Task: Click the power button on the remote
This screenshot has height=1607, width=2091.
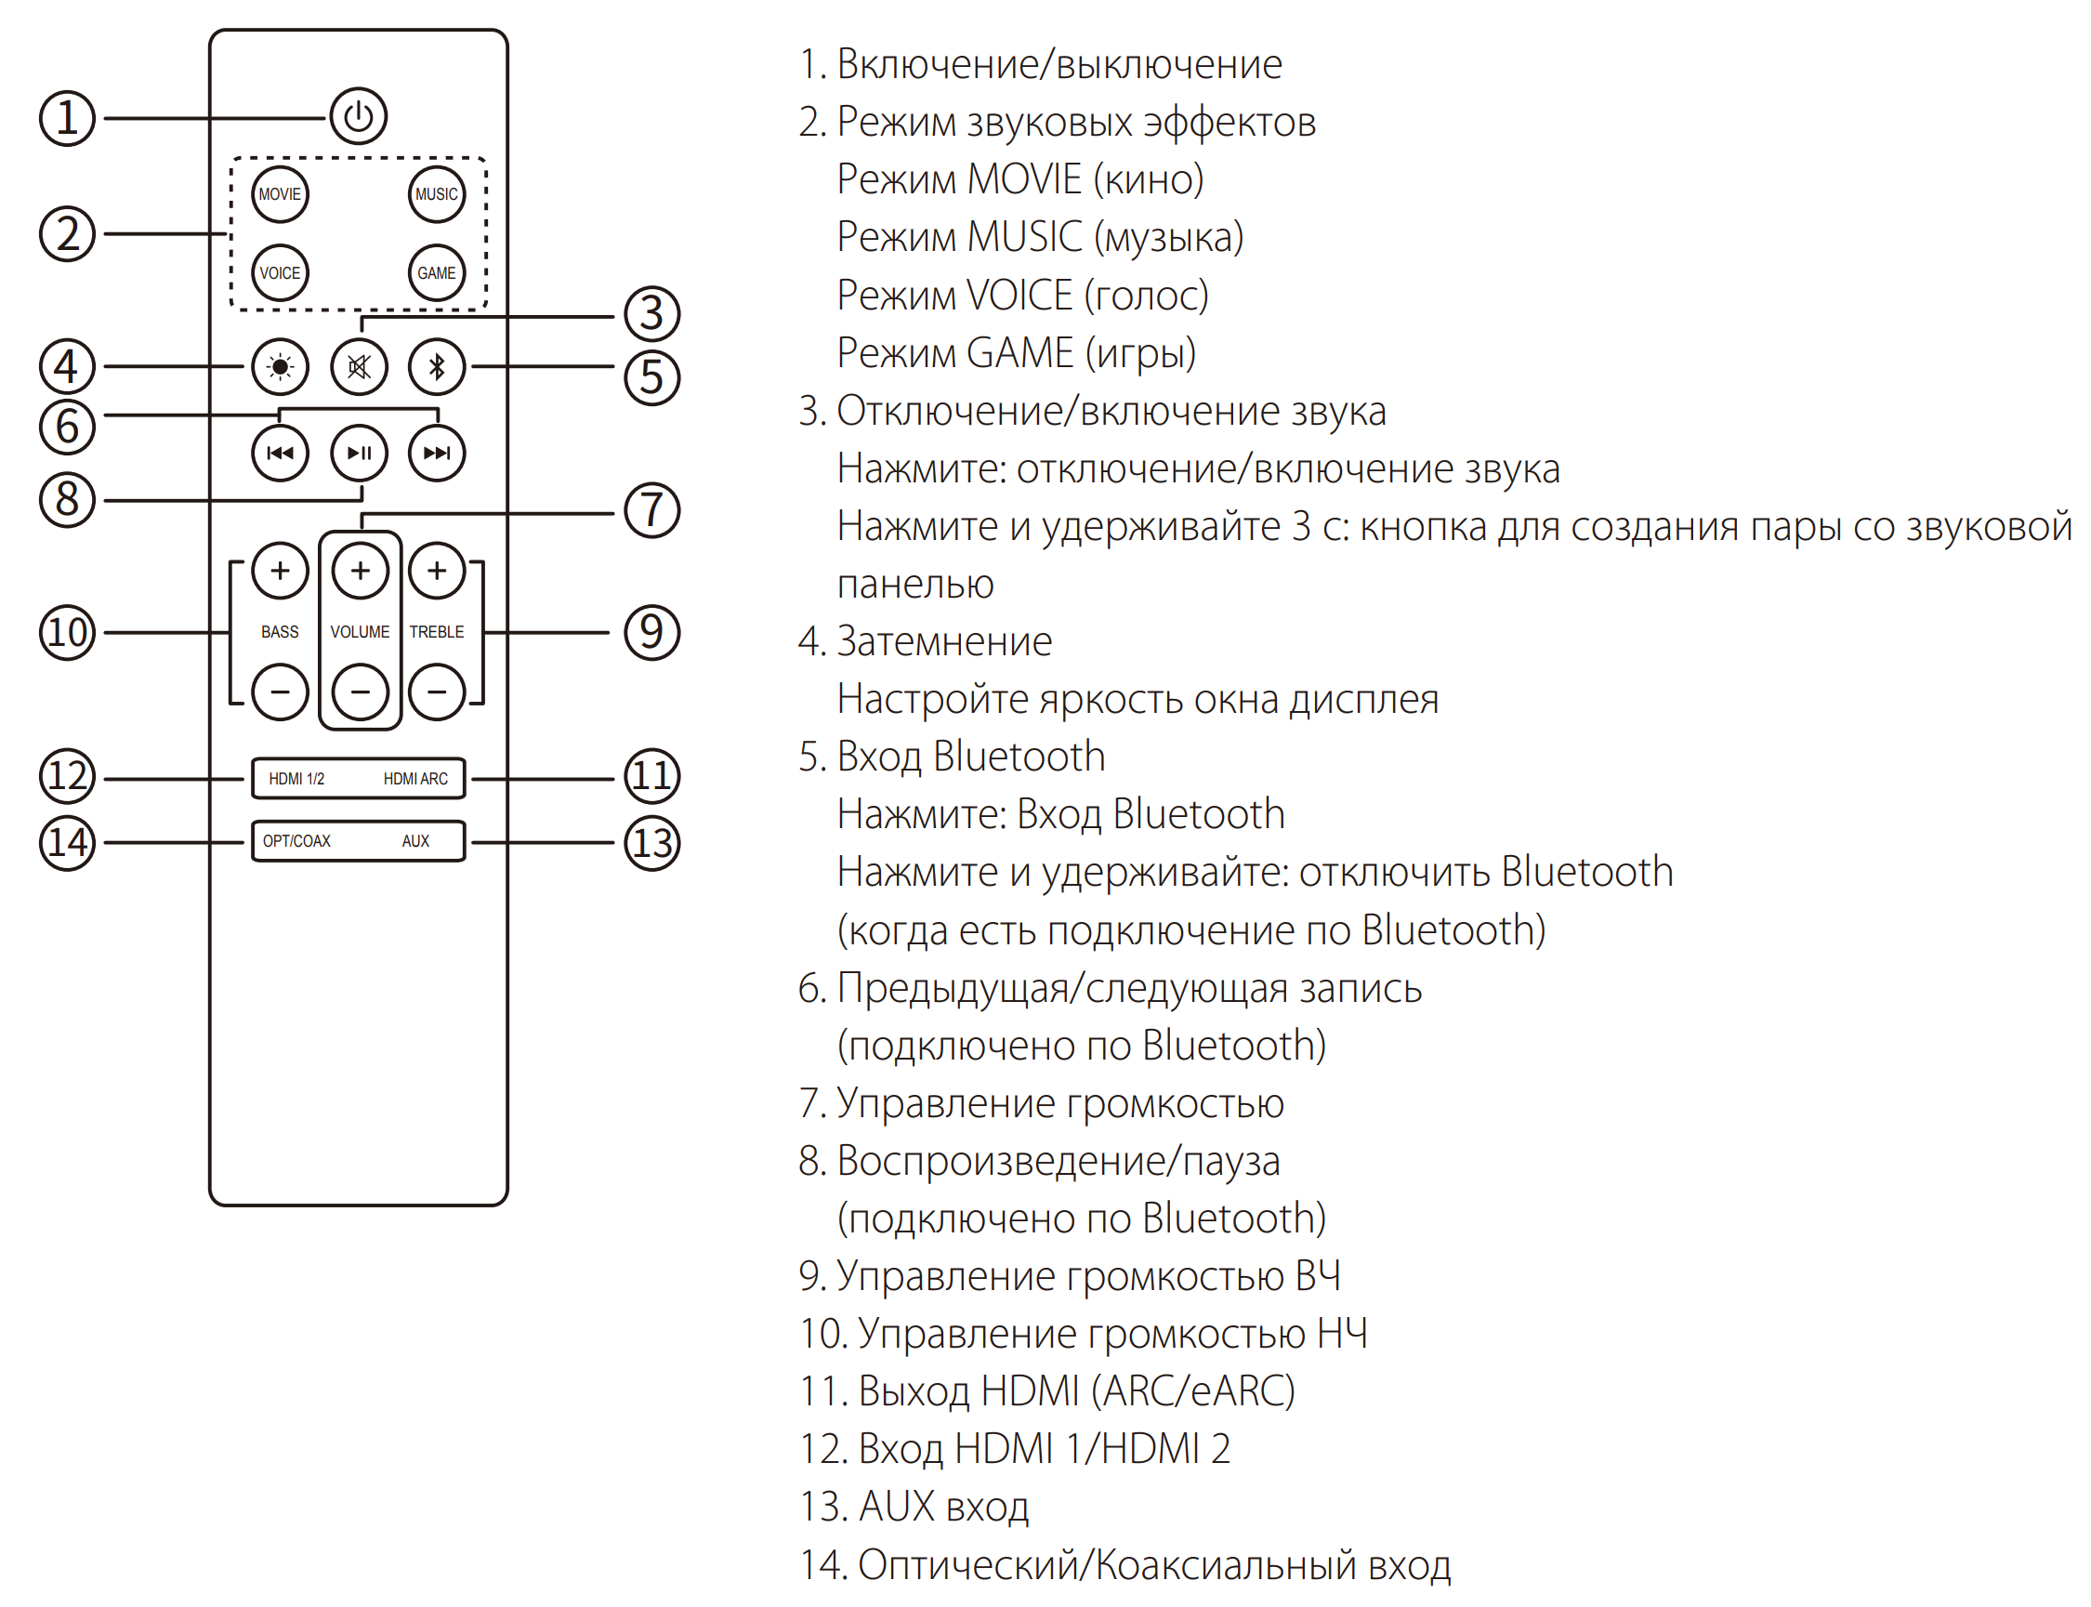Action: click(x=358, y=117)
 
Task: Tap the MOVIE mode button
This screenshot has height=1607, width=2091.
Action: click(x=280, y=194)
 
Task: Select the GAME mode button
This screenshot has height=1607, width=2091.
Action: click(x=436, y=272)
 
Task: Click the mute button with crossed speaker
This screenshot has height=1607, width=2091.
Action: click(x=359, y=366)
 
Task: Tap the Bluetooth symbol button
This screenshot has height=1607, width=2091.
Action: click(x=436, y=366)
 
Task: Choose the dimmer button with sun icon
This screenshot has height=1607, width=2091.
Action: click(x=280, y=366)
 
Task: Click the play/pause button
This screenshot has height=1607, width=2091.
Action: click(x=359, y=453)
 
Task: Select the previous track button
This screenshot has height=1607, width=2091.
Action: click(x=280, y=453)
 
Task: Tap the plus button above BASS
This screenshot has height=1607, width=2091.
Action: click(x=280, y=571)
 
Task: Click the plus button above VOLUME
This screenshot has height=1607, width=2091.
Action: click(x=360, y=571)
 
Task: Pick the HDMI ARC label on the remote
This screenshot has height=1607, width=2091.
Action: click(x=415, y=779)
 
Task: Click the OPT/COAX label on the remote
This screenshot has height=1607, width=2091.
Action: click(x=296, y=841)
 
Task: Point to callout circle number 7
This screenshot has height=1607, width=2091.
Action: click(x=651, y=510)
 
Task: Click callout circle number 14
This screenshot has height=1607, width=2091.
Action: click(x=67, y=843)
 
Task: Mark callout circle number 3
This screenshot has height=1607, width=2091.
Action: click(x=651, y=314)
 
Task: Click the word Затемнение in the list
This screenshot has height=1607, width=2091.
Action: click(x=944, y=642)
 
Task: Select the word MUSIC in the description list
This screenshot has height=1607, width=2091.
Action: click(x=1024, y=237)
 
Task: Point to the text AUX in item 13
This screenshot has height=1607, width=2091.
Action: click(x=896, y=1507)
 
